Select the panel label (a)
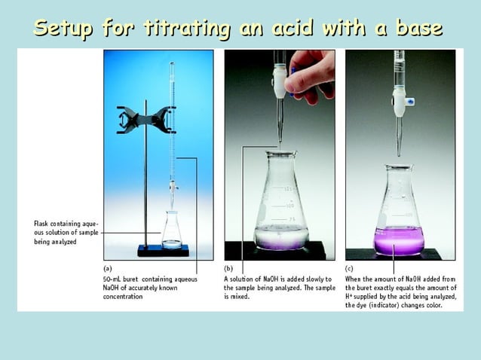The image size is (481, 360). tap(108, 267)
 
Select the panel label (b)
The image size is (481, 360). tap(229, 267)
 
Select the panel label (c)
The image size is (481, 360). tap(350, 267)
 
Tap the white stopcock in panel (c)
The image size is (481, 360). tap(400, 98)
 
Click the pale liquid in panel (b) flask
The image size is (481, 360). tap(280, 239)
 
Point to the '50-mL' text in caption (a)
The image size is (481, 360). tap(114, 278)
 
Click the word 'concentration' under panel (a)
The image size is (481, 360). tap(122, 297)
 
